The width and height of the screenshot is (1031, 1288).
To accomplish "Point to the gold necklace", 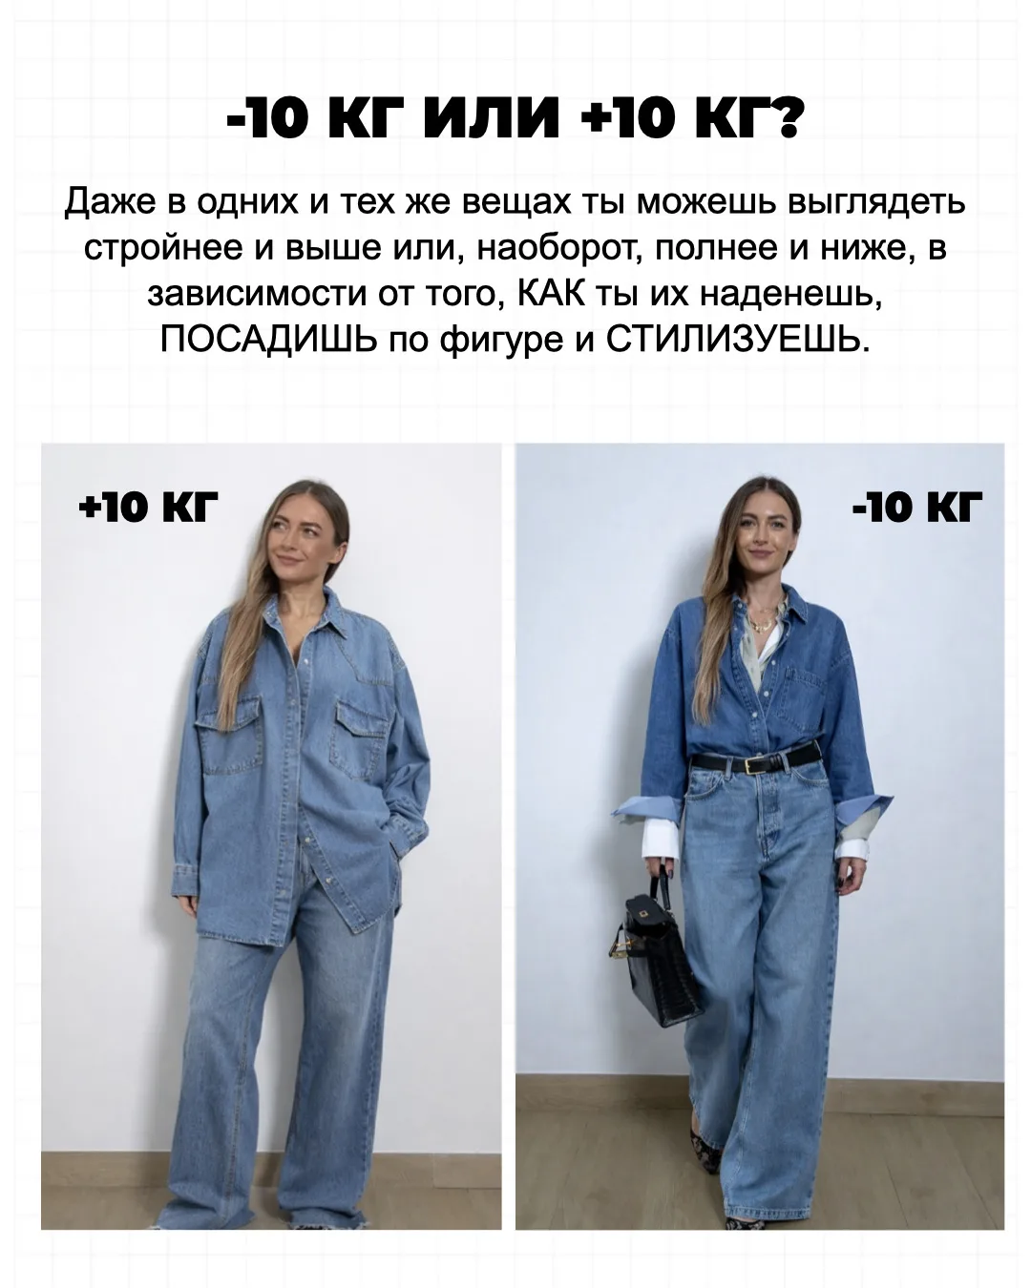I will pos(765,620).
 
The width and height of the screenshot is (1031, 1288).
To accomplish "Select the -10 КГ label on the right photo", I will pos(916,508).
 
